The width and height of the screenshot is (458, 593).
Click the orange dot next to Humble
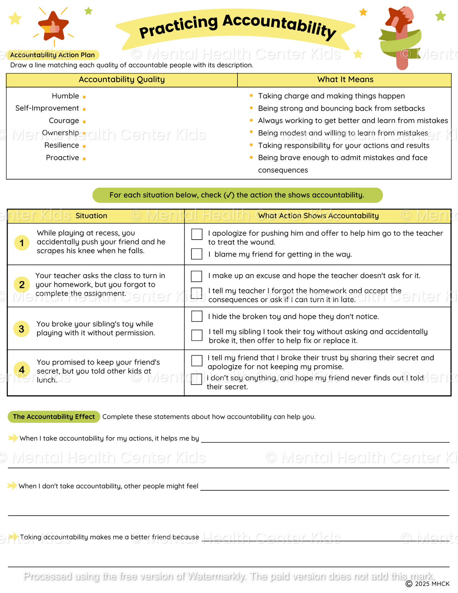(x=84, y=97)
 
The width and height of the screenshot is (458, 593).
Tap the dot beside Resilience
(x=84, y=146)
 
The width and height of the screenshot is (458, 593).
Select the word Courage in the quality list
(x=64, y=121)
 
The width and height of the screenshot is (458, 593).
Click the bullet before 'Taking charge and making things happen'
(x=251, y=95)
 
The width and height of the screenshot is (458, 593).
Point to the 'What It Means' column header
(x=345, y=80)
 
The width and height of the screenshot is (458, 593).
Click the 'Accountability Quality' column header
(x=122, y=80)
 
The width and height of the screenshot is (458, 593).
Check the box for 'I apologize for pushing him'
(x=197, y=235)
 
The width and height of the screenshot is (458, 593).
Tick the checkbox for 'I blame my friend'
(x=197, y=254)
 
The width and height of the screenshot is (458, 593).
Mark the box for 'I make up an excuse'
(x=197, y=276)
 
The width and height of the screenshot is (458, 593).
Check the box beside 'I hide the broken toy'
(x=197, y=316)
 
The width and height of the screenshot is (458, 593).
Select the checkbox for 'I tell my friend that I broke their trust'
(x=197, y=361)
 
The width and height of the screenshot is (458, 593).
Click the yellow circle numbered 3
(x=22, y=329)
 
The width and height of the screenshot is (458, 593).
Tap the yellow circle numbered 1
(x=22, y=243)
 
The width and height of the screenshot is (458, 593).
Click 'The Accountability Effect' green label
(x=54, y=417)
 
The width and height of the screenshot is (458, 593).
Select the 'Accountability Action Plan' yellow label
(x=53, y=55)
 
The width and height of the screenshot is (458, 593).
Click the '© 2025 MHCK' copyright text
(x=428, y=584)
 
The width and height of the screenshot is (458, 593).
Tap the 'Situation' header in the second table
(x=91, y=216)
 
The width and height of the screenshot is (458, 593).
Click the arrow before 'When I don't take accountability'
(x=12, y=486)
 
